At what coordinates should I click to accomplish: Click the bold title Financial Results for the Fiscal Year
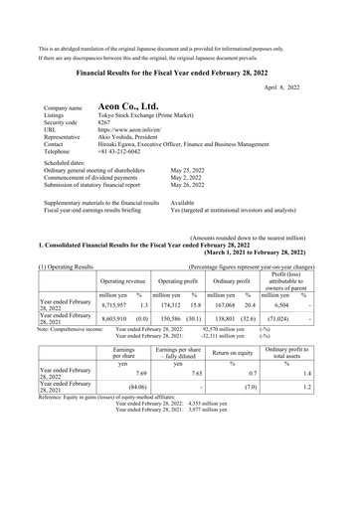click(180, 72)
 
